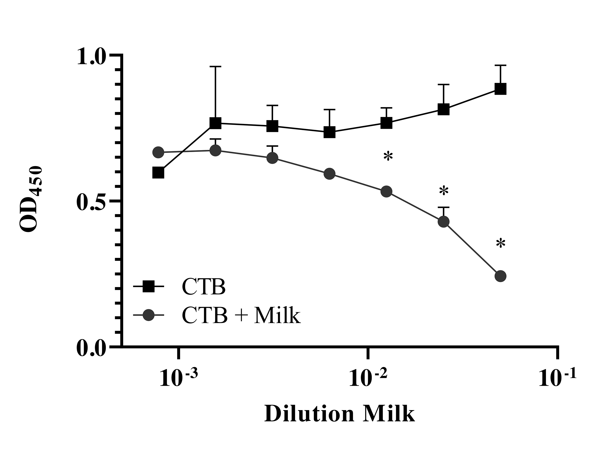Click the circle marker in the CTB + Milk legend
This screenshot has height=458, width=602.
[149, 315]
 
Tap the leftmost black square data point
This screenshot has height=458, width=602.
[158, 173]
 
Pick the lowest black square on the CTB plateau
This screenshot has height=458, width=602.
[329, 132]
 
